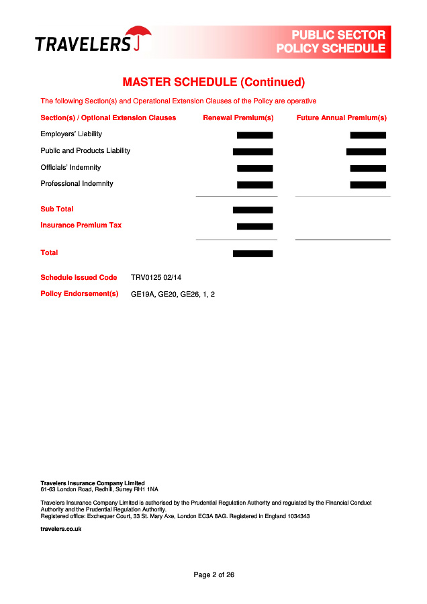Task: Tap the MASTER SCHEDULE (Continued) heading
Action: click(x=213, y=83)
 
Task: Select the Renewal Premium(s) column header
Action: click(x=238, y=118)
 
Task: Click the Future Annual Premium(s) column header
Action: click(x=342, y=118)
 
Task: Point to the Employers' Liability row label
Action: click(x=71, y=134)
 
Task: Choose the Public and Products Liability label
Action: click(x=85, y=151)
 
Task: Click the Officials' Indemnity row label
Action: click(x=70, y=168)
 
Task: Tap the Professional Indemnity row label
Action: click(x=77, y=184)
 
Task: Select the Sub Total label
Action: click(x=57, y=209)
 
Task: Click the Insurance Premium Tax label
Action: click(x=81, y=225)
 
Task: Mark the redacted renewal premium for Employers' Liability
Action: click(x=254, y=135)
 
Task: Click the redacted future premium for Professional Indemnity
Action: click(x=368, y=185)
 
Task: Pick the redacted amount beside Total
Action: click(x=252, y=254)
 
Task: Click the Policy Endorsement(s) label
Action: click(x=79, y=294)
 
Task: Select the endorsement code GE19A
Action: click(x=142, y=295)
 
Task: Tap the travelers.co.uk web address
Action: click(x=61, y=529)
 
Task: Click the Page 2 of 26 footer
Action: click(x=213, y=575)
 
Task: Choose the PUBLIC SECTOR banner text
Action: click(x=338, y=35)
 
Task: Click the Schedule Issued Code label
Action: click(x=79, y=278)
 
